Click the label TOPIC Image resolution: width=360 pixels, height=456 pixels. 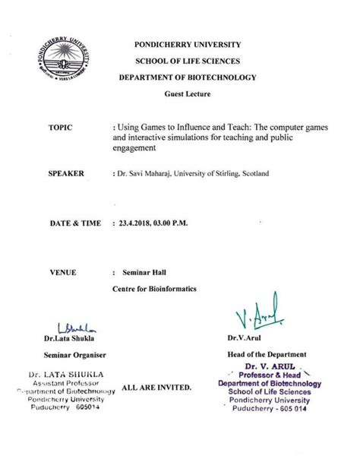coord(60,128)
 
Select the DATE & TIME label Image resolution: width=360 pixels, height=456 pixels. coord(73,225)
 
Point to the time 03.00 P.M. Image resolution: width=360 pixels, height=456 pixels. coord(179,225)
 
